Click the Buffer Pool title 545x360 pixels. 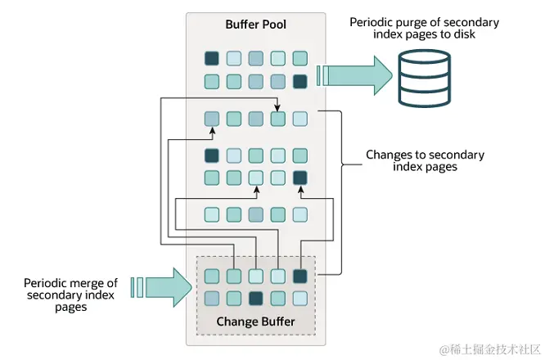point(256,24)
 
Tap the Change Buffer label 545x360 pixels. point(255,321)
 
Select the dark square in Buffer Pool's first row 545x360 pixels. point(212,58)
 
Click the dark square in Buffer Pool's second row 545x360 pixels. point(300,81)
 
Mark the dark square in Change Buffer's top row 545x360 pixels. point(300,276)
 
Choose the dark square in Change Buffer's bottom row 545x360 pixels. point(256,298)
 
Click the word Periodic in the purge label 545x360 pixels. point(372,22)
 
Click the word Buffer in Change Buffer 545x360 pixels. point(277,321)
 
